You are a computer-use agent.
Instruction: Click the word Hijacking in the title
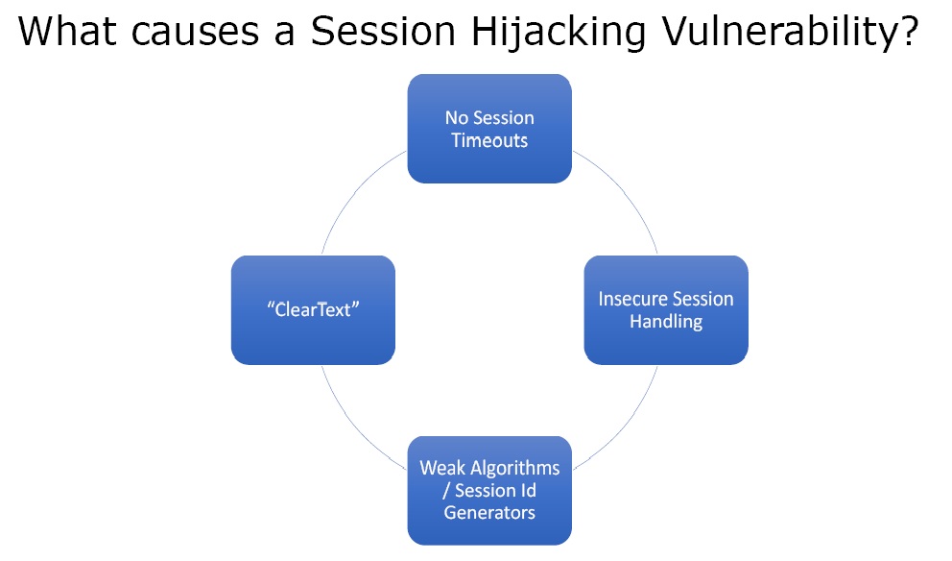pos(558,33)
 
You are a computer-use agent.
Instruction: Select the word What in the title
pos(67,31)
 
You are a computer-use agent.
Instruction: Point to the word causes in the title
pos(195,35)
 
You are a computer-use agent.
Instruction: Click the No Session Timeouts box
pos(489,129)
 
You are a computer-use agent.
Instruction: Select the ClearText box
pos(313,310)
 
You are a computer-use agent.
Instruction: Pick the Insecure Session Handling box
pos(666,310)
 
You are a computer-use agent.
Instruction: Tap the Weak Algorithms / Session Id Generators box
pos(489,491)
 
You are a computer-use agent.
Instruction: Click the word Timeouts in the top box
pos(489,140)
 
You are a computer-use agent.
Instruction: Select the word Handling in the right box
pos(666,322)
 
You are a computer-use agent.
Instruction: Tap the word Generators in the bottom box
pos(489,512)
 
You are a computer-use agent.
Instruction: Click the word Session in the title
pos(383,31)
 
